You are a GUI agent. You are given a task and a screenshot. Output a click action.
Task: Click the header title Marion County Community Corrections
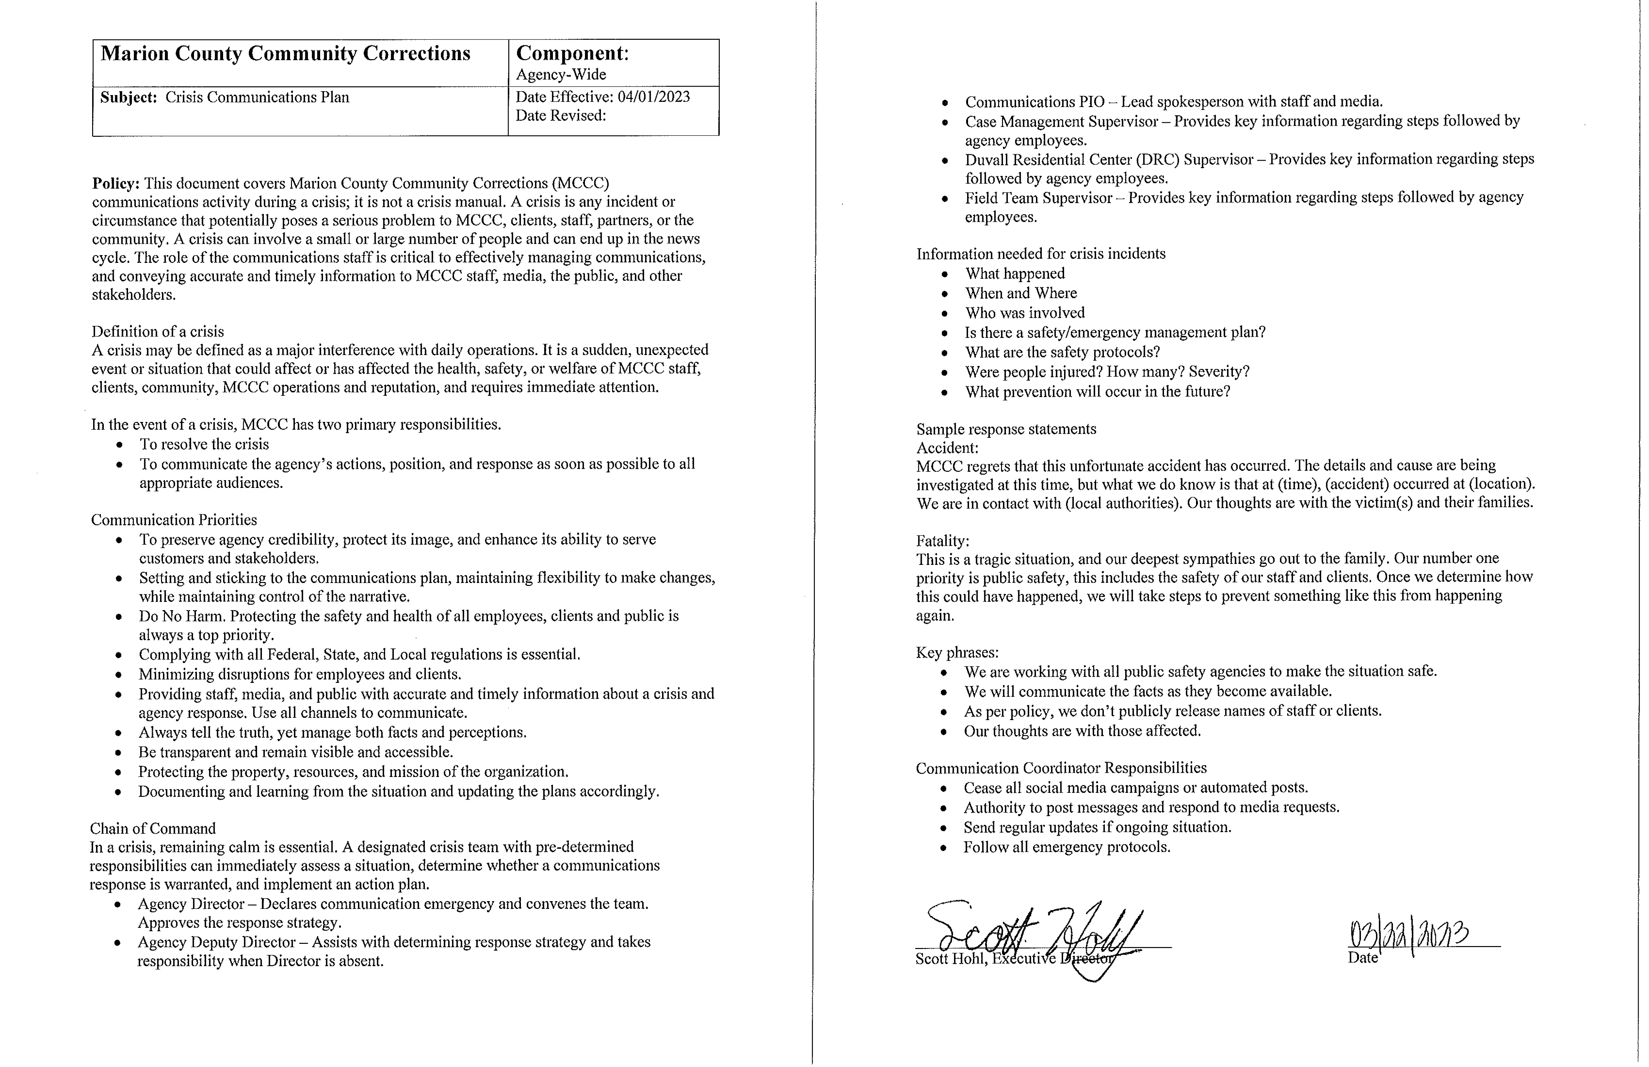click(286, 54)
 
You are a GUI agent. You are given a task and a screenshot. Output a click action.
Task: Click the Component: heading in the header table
click(572, 53)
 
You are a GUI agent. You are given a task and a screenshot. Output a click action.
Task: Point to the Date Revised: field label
click(561, 116)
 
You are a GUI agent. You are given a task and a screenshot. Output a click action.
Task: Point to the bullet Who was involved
click(1025, 313)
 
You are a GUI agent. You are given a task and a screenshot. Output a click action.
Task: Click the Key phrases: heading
click(957, 653)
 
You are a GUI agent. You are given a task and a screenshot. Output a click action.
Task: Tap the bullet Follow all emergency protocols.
click(1066, 847)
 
